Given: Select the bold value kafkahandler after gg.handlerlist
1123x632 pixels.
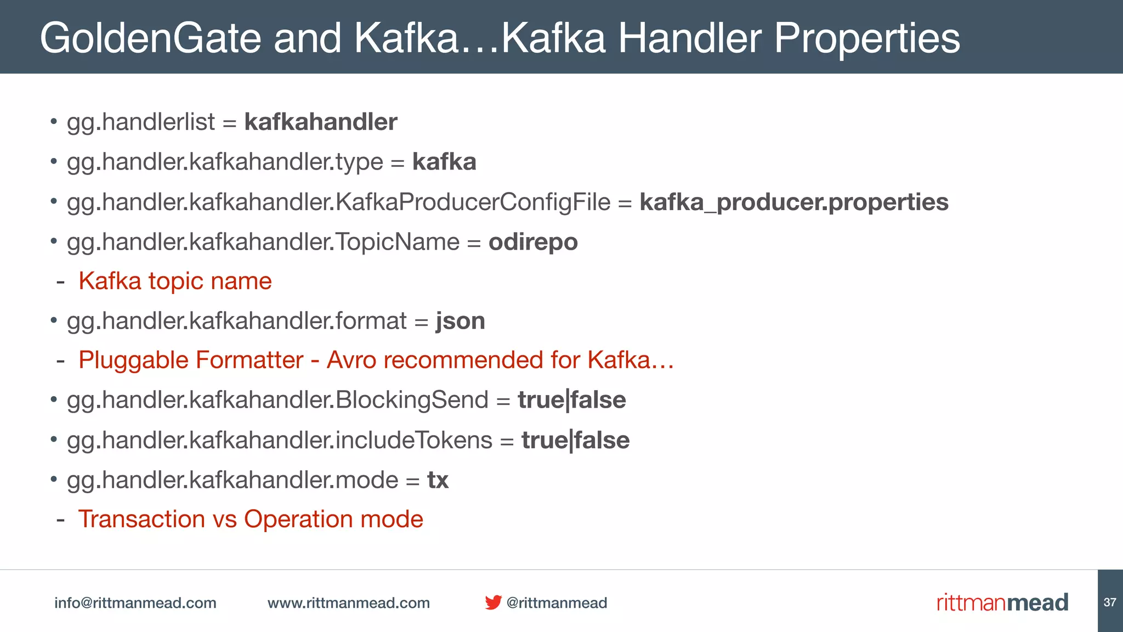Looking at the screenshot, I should point(321,122).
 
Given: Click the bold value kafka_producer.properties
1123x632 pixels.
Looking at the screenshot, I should point(793,202).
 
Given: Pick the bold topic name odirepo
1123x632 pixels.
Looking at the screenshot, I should point(533,242).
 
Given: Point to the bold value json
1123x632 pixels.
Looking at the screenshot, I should point(461,321).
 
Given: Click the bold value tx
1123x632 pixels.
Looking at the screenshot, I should point(438,480).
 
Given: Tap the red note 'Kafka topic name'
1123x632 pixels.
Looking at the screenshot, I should point(175,281).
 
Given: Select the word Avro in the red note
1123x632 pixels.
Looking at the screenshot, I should point(351,360).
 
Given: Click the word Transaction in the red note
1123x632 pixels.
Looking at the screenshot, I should point(141,519).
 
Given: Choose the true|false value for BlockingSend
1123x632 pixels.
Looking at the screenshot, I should point(571,400).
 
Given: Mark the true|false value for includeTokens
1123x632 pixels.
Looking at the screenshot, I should point(575,440).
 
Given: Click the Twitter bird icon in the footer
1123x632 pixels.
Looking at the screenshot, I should point(493,602).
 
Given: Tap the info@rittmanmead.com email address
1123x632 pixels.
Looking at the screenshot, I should point(135,603).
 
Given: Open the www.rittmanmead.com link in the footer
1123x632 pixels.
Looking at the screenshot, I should point(349,603).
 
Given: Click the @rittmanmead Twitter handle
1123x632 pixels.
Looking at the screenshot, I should point(557,603).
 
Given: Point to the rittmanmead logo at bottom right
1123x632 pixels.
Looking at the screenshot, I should point(1002,602).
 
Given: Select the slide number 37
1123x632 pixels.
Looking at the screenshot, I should point(1110,602).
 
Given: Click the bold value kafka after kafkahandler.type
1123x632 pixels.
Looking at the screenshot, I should point(444,162).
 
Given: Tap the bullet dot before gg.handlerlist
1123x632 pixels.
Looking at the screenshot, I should point(54,121).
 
